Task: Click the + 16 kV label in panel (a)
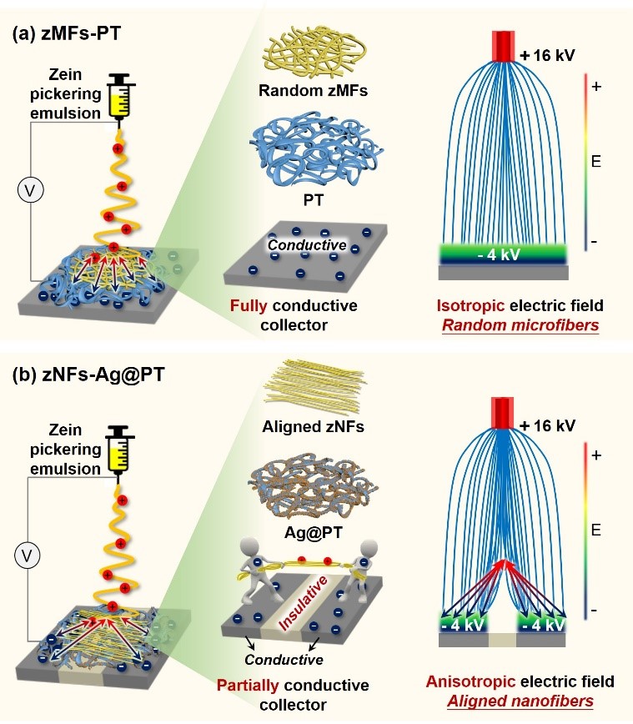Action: (x=547, y=57)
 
